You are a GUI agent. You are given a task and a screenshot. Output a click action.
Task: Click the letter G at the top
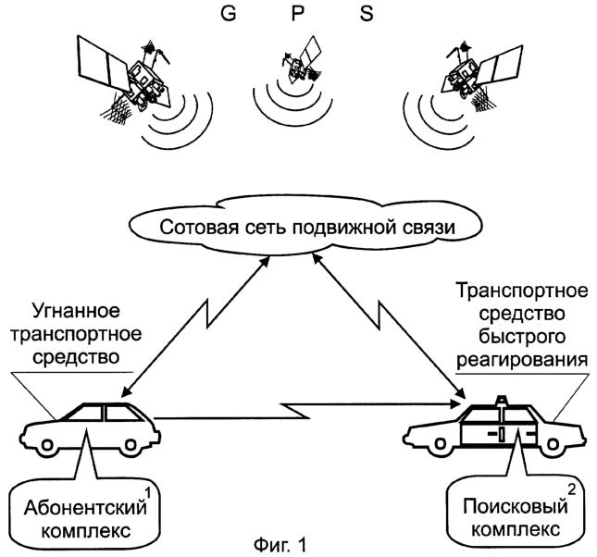tap(229, 14)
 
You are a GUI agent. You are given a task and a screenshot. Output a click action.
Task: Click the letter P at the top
tap(298, 14)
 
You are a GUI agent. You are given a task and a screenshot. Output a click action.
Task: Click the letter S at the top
tap(367, 14)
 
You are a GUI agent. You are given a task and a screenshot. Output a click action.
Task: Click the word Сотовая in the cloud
tap(189, 228)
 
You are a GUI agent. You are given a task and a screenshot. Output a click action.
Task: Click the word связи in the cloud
tap(434, 228)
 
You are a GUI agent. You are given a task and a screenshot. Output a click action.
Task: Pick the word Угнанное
tap(76, 311)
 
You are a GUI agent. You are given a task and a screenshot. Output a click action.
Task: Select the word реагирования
tap(522, 359)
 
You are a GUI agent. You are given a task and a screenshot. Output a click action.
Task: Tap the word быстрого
tap(522, 336)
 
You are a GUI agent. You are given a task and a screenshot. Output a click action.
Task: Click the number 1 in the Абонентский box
tap(148, 493)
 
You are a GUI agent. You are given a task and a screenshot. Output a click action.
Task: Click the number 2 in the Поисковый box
tap(571, 490)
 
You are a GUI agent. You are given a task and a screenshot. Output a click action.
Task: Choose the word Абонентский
tap(85, 508)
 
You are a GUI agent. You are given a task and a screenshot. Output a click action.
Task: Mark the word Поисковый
tap(516, 506)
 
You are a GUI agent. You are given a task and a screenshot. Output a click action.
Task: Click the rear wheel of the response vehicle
tap(441, 443)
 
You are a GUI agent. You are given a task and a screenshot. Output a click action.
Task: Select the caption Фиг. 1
tap(280, 545)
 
